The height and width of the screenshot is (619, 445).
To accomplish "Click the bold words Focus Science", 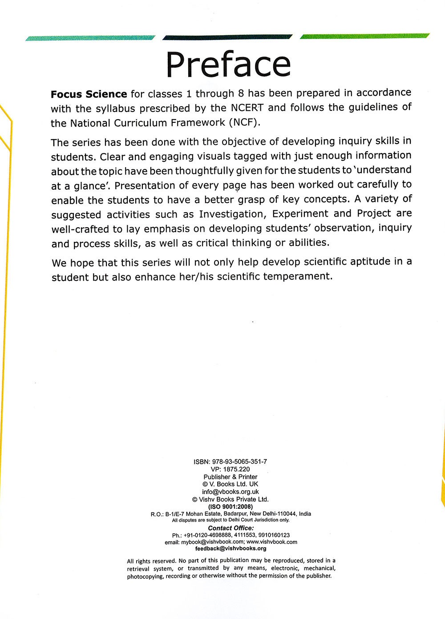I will pyautogui.click(x=89, y=94).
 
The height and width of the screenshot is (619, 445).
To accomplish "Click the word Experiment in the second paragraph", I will pyautogui.click(x=301, y=213).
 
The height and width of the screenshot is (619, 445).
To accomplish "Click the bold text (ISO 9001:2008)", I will pyautogui.click(x=230, y=506).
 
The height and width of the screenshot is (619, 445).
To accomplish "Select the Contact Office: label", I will pyautogui.click(x=231, y=528).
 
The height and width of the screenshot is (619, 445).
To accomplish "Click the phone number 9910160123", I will pyautogui.click(x=273, y=535).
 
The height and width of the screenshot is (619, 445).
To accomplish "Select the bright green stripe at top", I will pyautogui.click(x=365, y=36).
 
